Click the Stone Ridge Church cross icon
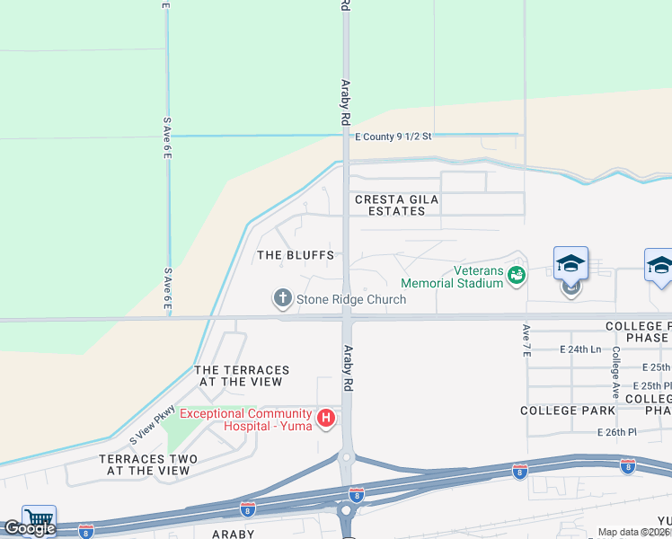click(282, 297)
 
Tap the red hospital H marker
click(327, 418)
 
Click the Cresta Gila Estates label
click(390, 205)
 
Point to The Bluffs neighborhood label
click(296, 255)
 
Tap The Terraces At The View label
click(242, 376)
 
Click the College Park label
click(568, 410)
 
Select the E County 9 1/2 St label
click(393, 137)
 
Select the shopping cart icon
click(39, 518)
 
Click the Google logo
click(30, 528)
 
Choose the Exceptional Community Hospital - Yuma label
click(245, 419)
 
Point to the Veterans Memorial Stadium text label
click(452, 277)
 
